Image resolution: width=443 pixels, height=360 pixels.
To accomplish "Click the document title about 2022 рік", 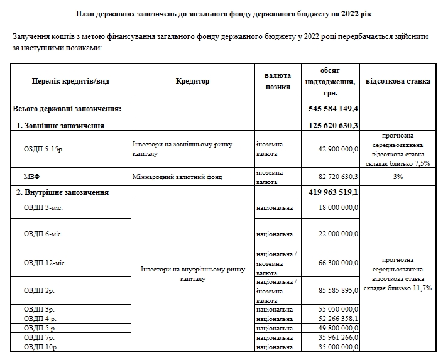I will pyautogui.click(x=221, y=13).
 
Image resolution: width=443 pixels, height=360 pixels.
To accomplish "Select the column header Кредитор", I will pyautogui.click(x=192, y=81).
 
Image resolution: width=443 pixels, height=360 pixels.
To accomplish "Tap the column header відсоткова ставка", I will pyautogui.click(x=397, y=81).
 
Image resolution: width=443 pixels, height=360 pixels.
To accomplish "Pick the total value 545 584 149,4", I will pyautogui.click(x=334, y=109).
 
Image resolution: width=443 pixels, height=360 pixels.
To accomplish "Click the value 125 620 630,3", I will pyautogui.click(x=334, y=125).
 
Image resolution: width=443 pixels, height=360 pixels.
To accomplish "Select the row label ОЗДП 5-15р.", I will pyautogui.click(x=43, y=149).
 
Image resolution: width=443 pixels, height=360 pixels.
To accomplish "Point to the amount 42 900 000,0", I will pyautogui.click(x=337, y=149).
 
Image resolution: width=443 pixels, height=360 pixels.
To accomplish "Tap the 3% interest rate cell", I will pyautogui.click(x=397, y=177).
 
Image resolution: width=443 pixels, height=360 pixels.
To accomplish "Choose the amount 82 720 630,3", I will pyautogui.click(x=337, y=177).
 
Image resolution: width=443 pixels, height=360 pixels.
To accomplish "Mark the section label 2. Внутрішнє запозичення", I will pyautogui.click(x=63, y=192).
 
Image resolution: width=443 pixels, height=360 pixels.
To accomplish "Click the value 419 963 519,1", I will pyautogui.click(x=334, y=192).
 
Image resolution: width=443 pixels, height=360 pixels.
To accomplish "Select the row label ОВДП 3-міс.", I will pyautogui.click(x=43, y=207).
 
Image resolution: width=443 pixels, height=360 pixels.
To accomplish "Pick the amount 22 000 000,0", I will pyautogui.click(x=337, y=234).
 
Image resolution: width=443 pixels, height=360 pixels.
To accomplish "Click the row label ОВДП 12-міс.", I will pyautogui.click(x=45, y=262).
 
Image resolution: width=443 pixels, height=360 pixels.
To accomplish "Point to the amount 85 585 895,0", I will pyautogui.click(x=337, y=290).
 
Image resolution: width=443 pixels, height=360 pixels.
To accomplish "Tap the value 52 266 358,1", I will pyautogui.click(x=337, y=319).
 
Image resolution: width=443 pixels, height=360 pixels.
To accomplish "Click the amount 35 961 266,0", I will pyautogui.click(x=337, y=337).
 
